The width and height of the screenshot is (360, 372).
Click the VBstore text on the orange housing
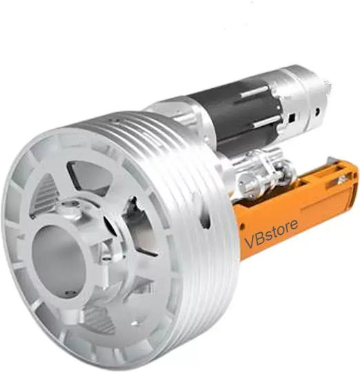click(x=271, y=234)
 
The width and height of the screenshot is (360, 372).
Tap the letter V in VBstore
click(x=250, y=242)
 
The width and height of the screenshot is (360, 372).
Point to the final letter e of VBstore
click(x=293, y=225)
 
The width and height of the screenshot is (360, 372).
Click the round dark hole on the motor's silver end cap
click(x=317, y=111)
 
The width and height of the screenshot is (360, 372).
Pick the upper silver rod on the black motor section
click(x=254, y=91)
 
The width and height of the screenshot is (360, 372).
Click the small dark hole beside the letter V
click(x=243, y=227)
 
